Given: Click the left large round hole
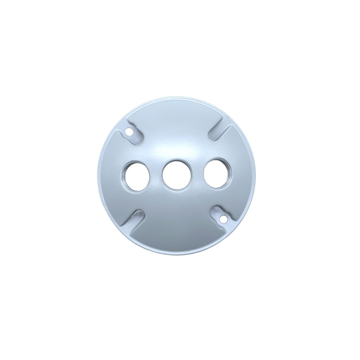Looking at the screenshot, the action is [x=136, y=176].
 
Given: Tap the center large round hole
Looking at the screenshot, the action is [x=176, y=175].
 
